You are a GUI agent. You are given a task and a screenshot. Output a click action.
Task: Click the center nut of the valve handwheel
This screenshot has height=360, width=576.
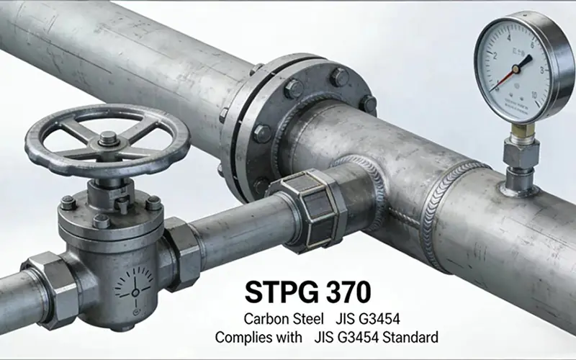pos(108,138)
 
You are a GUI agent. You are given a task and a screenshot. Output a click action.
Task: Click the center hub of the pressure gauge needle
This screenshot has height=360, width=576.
pos(517,67)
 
